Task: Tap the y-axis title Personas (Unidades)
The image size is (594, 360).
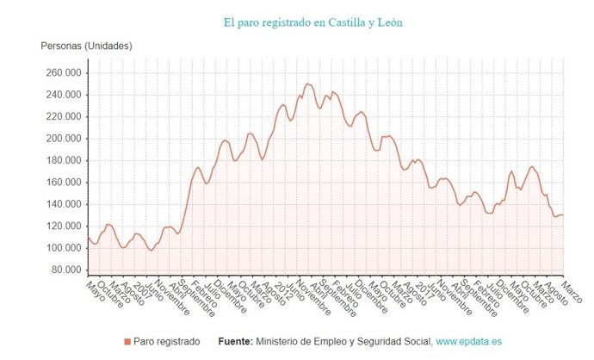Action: tap(86, 46)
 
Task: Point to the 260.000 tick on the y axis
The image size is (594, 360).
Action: tap(61, 73)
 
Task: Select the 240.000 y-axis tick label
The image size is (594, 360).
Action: tap(61, 95)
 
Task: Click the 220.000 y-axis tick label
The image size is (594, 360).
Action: tap(61, 117)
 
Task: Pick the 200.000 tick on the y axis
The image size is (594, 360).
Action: tap(61, 139)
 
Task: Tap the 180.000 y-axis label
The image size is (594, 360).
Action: tap(61, 160)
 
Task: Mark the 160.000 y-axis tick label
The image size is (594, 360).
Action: tap(61, 183)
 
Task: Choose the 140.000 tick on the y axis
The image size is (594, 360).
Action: tap(61, 204)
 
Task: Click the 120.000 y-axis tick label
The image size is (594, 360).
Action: tap(61, 227)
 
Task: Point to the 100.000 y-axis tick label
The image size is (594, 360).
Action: tap(61, 248)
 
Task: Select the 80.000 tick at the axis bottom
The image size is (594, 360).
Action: tap(64, 270)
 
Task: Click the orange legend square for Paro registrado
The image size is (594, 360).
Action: tap(128, 342)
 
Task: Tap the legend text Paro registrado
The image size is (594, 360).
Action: tap(168, 342)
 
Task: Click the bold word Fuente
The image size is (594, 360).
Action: tap(235, 342)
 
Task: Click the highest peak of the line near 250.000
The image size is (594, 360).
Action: tap(306, 84)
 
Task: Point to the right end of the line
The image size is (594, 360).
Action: tap(563, 215)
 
